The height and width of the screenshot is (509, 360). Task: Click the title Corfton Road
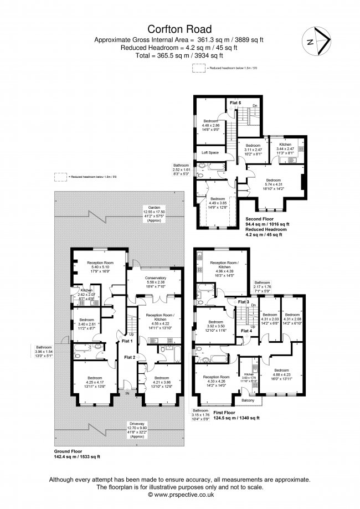tap(179, 28)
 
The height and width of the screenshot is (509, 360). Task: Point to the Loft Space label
tap(210, 152)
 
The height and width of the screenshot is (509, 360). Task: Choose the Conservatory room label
tap(155, 278)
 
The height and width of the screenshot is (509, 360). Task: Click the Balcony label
tap(248, 400)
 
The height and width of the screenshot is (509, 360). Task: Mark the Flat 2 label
tap(128, 358)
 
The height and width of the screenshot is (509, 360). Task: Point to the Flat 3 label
tap(243, 301)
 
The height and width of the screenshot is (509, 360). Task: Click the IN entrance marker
tap(128, 393)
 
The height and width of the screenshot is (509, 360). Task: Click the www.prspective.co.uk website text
tap(179, 495)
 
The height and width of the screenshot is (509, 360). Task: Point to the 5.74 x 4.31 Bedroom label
tap(273, 184)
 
